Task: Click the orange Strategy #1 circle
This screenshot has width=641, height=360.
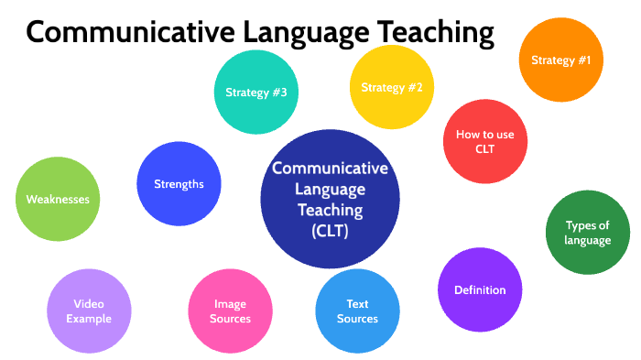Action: point(560,60)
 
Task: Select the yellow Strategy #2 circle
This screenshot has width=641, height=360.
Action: point(391,88)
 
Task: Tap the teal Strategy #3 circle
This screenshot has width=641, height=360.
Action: point(256,92)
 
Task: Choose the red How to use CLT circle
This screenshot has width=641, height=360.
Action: point(484,141)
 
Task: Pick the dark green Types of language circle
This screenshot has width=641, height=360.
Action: point(587,233)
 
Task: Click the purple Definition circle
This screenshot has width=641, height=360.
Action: point(480,290)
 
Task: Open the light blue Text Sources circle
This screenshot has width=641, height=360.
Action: point(357,311)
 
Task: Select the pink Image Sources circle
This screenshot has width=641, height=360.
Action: point(230,311)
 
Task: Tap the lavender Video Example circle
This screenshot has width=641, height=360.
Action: point(89,311)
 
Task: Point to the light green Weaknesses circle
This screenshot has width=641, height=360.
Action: point(57,199)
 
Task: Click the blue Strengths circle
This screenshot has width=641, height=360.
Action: point(179,183)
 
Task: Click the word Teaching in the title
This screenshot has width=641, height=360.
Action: point(429,33)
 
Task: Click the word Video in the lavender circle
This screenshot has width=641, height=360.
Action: point(89,304)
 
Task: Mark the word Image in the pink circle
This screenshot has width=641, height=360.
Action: point(230,304)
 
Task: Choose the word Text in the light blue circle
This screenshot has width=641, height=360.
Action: point(357,304)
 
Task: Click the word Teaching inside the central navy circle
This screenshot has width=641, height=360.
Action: point(330,210)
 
